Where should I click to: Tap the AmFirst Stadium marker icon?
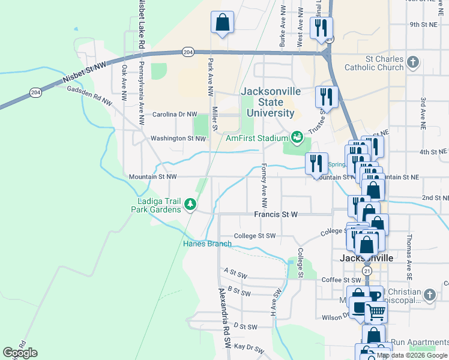point(297,138)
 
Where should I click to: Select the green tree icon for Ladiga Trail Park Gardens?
point(190,205)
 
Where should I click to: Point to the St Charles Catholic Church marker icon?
point(412,62)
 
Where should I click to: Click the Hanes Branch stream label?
point(207,244)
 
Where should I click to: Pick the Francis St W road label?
point(276,214)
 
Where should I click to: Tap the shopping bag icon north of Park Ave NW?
point(222,23)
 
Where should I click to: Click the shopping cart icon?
point(376,311)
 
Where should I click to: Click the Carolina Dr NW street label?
point(174,114)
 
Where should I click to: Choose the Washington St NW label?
point(178,138)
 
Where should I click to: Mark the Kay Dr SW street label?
point(249,347)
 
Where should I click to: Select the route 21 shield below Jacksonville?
point(367,271)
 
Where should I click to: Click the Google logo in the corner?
point(20,353)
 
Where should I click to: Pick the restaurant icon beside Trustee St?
point(327,96)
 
